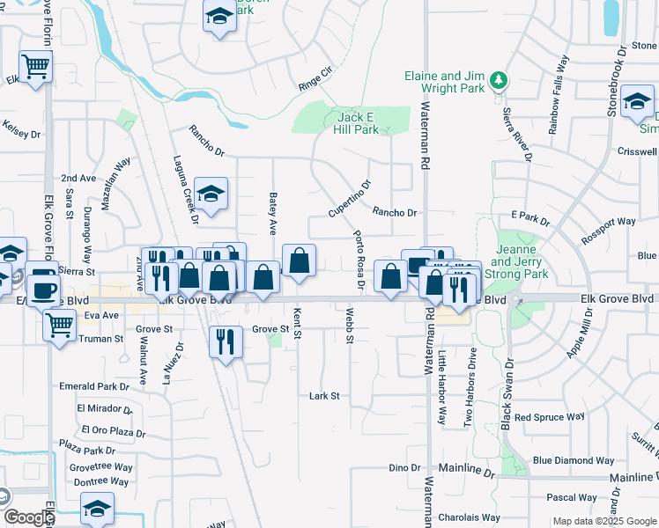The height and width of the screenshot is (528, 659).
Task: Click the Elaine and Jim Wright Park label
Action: [446, 83]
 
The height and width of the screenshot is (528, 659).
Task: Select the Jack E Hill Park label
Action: [356, 123]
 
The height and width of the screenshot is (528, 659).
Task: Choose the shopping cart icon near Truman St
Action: [60, 324]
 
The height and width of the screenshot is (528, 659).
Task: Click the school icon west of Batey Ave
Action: [211, 194]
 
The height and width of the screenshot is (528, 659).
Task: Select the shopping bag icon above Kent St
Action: [300, 260]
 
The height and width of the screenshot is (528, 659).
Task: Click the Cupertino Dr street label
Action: [351, 199]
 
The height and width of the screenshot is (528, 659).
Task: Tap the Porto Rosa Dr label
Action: [359, 260]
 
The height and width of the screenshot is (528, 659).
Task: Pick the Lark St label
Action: [324, 396]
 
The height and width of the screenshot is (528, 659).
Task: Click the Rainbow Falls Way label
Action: [558, 94]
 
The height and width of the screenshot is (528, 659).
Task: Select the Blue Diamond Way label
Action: [573, 460]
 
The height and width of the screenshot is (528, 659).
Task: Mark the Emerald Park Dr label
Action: [94, 386]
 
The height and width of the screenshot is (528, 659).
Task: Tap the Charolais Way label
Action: [470, 517]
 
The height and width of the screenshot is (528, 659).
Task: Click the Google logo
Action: [28, 517]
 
